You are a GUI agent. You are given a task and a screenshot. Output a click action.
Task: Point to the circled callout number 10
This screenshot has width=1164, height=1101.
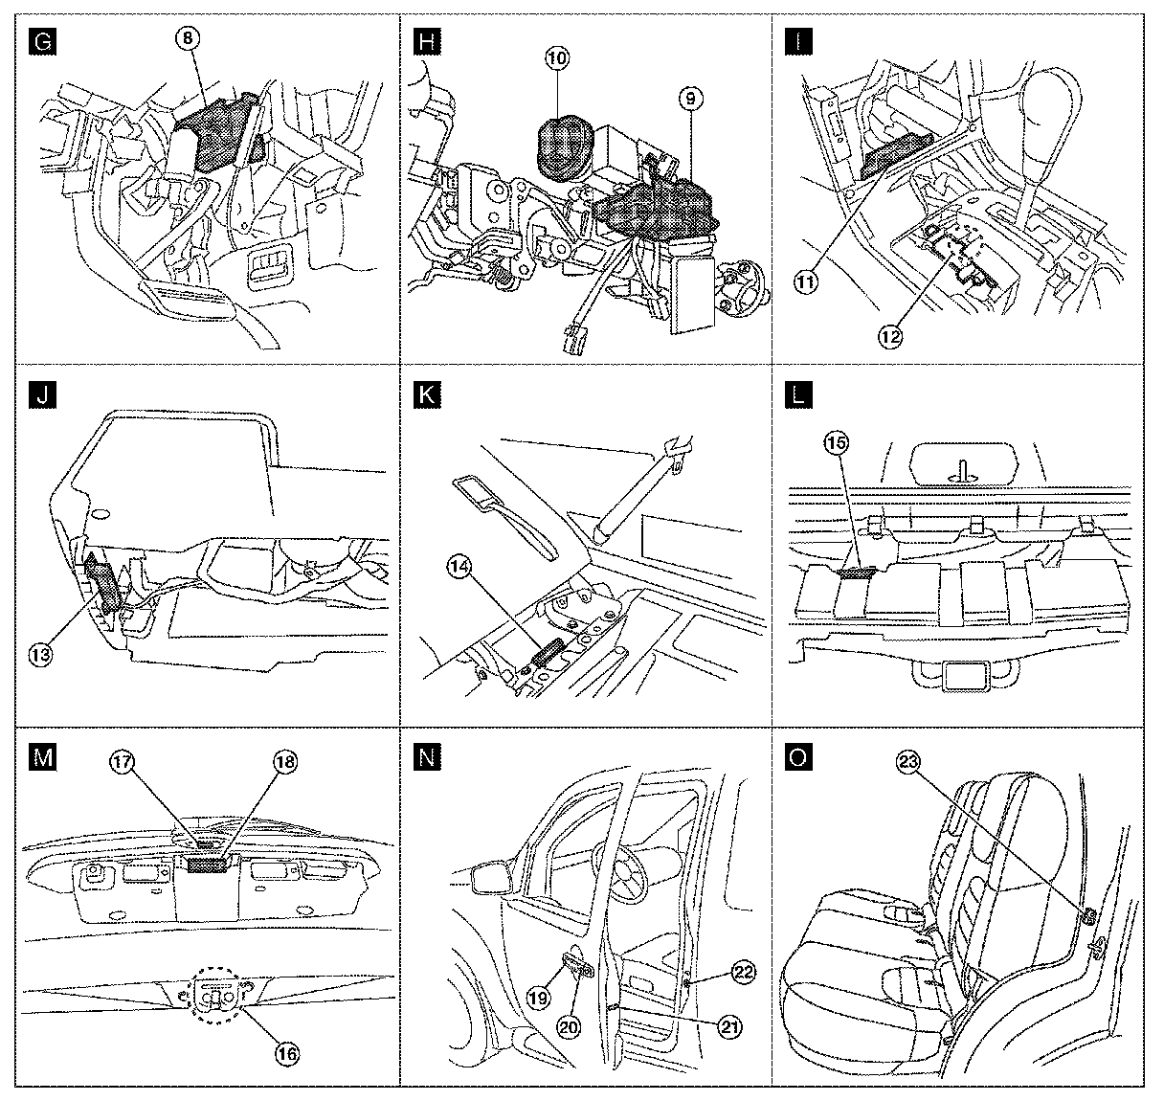557,57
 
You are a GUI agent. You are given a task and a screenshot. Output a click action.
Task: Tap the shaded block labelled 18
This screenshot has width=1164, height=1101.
207,865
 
